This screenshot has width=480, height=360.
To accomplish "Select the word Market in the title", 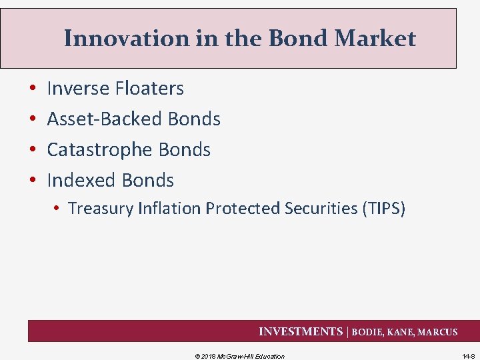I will pos(375,39).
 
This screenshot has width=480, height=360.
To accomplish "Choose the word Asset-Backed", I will pos(105,119).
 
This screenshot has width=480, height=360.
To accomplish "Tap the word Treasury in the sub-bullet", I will pos(101,209).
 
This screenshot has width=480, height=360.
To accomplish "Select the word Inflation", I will pos(169,209).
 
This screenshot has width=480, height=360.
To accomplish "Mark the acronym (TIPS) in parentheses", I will pos(383,209).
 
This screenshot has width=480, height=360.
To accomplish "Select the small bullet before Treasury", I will pos(59,209).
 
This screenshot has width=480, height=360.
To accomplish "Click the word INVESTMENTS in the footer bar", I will pos(300,331).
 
